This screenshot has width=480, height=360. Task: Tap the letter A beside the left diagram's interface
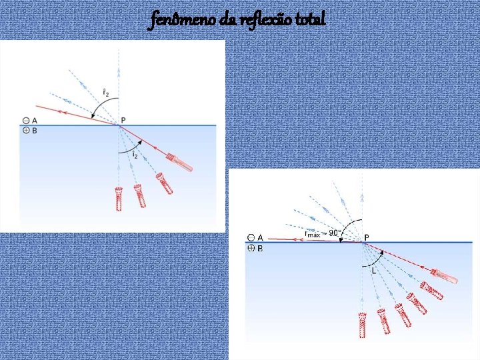pos(34,121)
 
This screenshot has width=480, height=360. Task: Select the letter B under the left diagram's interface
pos(34,131)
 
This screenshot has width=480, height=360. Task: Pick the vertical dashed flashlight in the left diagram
pos(119,199)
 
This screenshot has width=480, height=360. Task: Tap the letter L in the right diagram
pos(373,271)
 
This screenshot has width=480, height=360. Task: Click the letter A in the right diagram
pos(260,237)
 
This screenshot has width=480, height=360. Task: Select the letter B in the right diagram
pos(260,248)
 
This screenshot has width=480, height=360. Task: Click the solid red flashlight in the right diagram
pos(443,275)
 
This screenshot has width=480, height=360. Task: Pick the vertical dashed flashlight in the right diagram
pos(363,323)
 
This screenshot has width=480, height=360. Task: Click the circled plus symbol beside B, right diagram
pos(251,248)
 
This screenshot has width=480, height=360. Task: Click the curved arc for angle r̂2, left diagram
pos(97,105)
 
